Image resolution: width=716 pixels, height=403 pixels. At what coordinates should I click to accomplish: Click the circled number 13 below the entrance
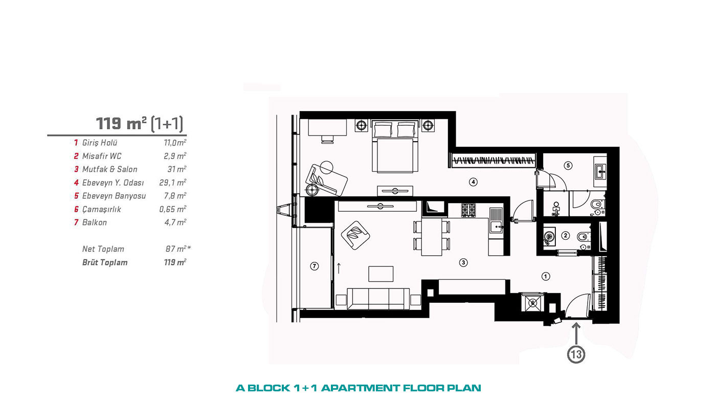click(576, 354)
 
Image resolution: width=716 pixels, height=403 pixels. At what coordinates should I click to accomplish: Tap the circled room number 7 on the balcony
click(314, 266)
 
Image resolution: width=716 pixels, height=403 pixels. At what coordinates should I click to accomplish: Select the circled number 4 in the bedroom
click(473, 182)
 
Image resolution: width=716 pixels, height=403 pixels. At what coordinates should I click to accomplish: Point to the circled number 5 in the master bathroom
click(568, 166)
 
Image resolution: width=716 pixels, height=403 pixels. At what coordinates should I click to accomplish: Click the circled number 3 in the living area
click(463, 263)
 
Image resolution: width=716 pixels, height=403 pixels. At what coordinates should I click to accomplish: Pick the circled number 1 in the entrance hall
click(545, 276)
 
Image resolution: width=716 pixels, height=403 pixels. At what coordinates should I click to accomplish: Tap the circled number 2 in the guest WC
click(566, 236)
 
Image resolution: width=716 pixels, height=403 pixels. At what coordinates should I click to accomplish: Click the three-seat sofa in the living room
click(378, 299)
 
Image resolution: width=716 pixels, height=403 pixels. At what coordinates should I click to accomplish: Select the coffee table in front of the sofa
click(381, 274)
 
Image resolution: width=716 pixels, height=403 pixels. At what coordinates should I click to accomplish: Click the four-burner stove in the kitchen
click(468, 211)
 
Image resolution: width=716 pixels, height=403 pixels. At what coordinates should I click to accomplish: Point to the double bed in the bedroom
click(394, 146)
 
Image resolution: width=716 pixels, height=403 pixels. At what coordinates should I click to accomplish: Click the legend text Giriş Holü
click(99, 143)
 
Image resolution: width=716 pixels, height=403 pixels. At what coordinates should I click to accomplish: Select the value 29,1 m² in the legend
click(173, 183)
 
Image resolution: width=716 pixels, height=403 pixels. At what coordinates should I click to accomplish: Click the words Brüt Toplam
click(105, 262)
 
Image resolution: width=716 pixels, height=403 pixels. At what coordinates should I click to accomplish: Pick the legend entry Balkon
click(94, 222)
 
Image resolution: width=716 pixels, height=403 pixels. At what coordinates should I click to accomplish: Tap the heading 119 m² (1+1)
click(140, 123)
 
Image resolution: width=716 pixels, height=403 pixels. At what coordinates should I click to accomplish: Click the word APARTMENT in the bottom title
click(360, 388)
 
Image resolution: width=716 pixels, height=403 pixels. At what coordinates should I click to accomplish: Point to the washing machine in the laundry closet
click(532, 303)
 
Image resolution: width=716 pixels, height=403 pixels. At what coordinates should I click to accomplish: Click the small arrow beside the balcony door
click(339, 268)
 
